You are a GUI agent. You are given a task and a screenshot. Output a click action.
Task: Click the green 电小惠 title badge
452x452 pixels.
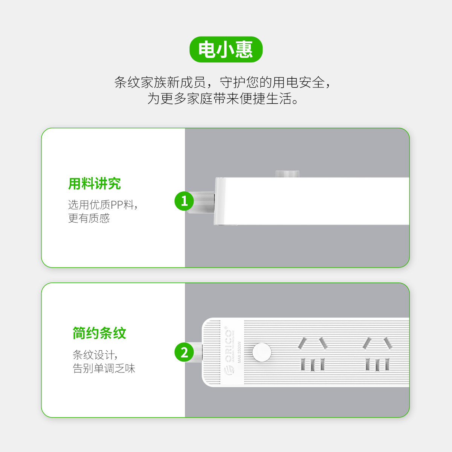[226, 49]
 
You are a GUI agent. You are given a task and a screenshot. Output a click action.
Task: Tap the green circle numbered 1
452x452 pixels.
[184, 201]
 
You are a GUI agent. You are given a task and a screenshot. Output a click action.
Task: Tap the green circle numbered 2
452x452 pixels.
[184, 352]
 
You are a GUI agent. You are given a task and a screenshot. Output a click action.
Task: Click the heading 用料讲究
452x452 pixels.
[95, 183]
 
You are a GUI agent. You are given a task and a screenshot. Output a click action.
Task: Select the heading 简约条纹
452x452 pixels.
[99, 333]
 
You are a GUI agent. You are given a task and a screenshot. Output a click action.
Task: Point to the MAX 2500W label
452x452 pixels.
[239, 352]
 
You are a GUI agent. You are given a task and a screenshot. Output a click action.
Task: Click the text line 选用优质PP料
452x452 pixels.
[103, 205]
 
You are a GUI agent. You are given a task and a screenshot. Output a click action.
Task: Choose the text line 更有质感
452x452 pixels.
[89, 218]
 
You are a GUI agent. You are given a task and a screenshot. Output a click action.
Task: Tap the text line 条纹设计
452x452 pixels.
[95, 355]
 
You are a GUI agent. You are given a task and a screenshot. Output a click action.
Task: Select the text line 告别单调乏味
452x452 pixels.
[104, 368]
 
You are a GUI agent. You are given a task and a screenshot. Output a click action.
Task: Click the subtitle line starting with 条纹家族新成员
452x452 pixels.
[222, 82]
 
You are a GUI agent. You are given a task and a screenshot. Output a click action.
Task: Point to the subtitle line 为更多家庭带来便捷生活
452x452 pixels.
[223, 98]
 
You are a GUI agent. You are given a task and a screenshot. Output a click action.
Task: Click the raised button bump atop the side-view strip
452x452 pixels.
[287, 174]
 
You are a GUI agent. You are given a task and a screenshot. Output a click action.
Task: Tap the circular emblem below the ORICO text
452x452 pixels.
[229, 370]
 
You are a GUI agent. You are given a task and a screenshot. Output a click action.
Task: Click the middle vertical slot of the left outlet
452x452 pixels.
[313, 365]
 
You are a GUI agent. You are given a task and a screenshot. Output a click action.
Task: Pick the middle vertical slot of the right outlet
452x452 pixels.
[377, 365]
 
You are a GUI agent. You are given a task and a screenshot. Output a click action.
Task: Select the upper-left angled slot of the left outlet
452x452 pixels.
[302, 343]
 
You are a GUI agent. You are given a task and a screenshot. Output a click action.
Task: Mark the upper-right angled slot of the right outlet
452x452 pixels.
[388, 343]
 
